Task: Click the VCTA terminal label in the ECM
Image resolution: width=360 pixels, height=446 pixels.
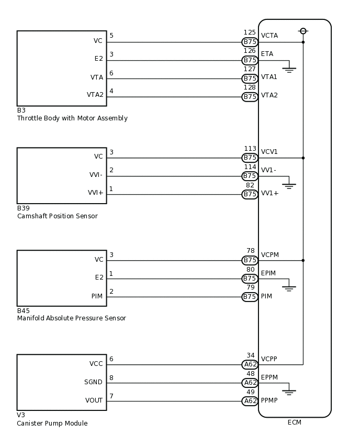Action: [269, 36]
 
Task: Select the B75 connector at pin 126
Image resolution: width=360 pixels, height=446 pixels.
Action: [250, 60]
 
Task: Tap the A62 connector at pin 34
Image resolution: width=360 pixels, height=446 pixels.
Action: [250, 364]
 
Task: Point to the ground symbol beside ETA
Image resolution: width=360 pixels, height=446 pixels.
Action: [289, 69]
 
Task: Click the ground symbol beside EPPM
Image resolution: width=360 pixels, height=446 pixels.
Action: [289, 391]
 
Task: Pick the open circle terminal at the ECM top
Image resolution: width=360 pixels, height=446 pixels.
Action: [303, 31]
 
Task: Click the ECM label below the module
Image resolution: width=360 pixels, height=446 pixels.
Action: [295, 422]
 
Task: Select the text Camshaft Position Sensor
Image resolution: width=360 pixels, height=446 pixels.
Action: [57, 216]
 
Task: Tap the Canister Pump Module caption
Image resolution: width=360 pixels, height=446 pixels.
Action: [52, 423]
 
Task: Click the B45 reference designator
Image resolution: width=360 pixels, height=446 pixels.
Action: [24, 310]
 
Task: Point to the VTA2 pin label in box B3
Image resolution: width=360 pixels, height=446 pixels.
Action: [95, 95]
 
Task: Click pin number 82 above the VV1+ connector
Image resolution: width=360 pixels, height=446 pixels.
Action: [250, 185]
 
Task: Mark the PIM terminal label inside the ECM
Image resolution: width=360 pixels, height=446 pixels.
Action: [266, 296]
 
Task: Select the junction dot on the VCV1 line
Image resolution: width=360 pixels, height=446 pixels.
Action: [303, 158]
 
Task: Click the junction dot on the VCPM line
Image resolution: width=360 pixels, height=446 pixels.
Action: [303, 260]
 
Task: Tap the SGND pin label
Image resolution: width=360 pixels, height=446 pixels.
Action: [94, 382]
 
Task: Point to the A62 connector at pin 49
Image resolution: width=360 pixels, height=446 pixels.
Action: [250, 401]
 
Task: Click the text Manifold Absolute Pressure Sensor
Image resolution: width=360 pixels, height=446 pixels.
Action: [71, 318]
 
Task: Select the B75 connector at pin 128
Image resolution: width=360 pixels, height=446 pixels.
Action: [250, 97]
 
